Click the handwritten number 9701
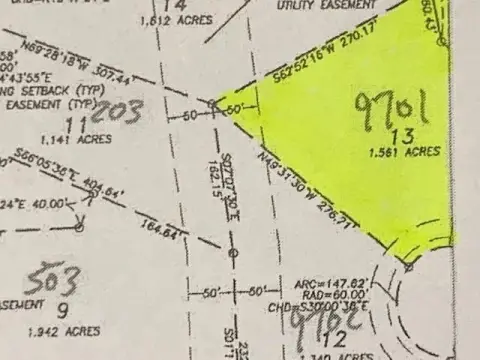tap(392, 106)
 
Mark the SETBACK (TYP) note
tap(39, 89)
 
